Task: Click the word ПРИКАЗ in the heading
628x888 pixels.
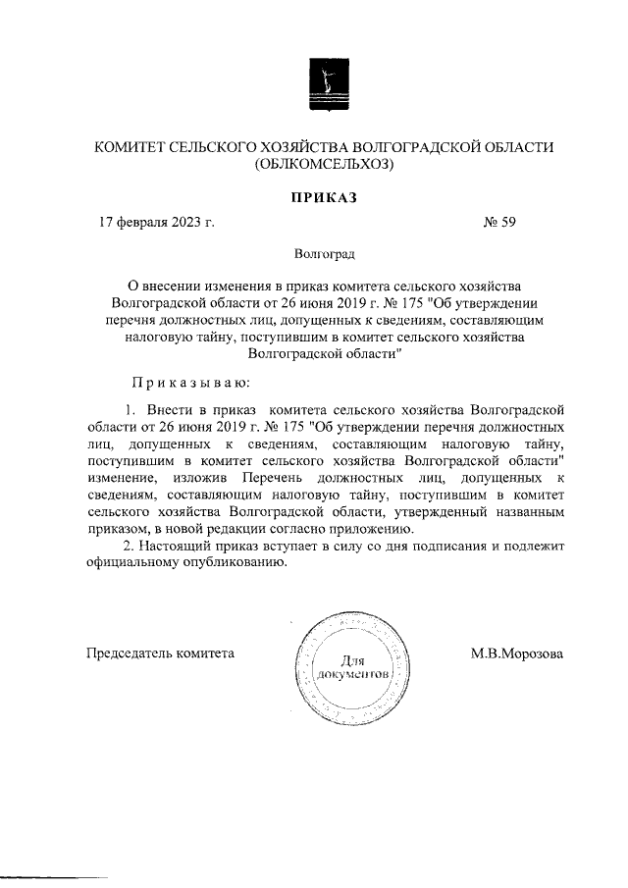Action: coord(323,197)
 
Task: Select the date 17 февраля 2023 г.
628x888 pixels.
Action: coord(156,222)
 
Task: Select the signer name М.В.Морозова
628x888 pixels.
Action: coord(516,653)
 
